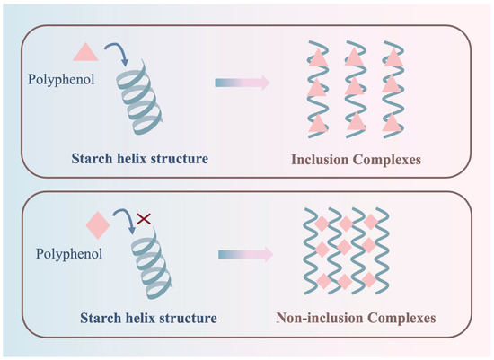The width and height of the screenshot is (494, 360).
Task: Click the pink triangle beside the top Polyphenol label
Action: [x=79, y=52]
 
